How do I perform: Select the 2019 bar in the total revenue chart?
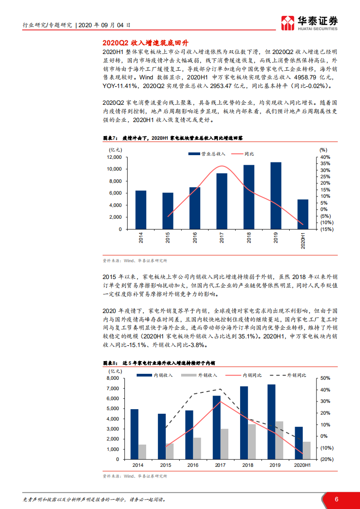(x=276, y=196)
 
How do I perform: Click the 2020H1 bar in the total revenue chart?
(x=303, y=214)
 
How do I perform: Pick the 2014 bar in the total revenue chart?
(x=141, y=210)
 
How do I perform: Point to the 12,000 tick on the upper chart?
(x=114, y=157)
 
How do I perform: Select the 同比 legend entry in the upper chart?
(x=243, y=154)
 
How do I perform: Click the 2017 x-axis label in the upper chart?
(x=222, y=238)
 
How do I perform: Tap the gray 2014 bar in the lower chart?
(x=142, y=451)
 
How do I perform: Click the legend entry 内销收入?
(x=152, y=375)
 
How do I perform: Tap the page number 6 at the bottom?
(x=336, y=499)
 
